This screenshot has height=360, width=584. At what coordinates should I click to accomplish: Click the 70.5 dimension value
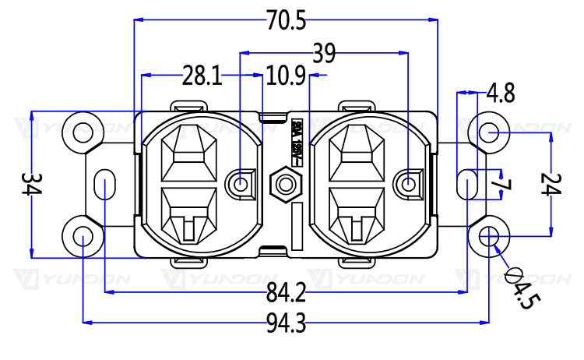[x=286, y=21]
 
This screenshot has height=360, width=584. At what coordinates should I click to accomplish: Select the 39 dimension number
[x=324, y=54]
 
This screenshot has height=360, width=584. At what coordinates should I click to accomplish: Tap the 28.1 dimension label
[x=202, y=76]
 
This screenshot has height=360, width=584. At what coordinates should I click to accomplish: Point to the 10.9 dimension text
[x=286, y=76]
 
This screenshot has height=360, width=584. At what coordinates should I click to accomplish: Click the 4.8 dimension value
[x=501, y=94]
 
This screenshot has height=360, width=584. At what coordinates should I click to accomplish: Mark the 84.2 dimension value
[x=287, y=294]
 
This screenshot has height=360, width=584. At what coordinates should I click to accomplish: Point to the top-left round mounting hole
[x=82, y=132]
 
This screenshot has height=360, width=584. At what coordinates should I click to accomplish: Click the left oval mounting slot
[x=104, y=185]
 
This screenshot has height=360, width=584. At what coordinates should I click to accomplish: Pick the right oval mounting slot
[x=466, y=185]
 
